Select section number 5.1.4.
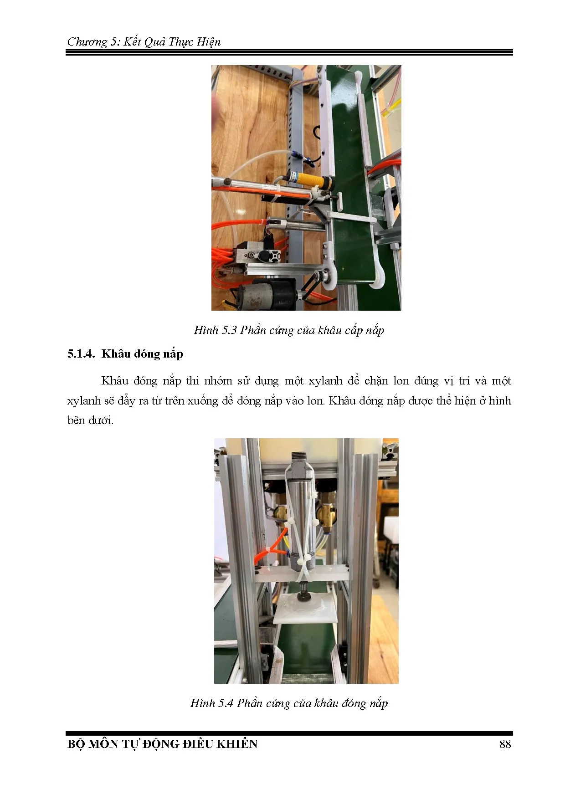81,354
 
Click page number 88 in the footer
505,744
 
